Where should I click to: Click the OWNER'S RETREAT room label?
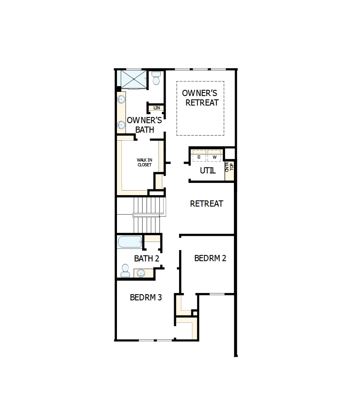[x=200, y=98]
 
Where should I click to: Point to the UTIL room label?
[x=208, y=171]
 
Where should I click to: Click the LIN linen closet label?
[x=157, y=108]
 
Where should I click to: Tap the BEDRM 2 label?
[x=210, y=258]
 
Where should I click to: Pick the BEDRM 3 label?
[x=146, y=297]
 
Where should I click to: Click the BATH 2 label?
[x=147, y=259]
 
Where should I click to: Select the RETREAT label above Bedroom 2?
[x=206, y=204]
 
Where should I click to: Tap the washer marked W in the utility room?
[x=214, y=157]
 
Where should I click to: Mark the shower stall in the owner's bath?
[x=134, y=79]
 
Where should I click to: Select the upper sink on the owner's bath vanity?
[x=121, y=100]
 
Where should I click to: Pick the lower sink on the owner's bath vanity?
[x=121, y=125]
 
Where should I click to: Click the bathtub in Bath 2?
[x=130, y=242]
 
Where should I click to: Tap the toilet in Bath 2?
[x=125, y=271]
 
